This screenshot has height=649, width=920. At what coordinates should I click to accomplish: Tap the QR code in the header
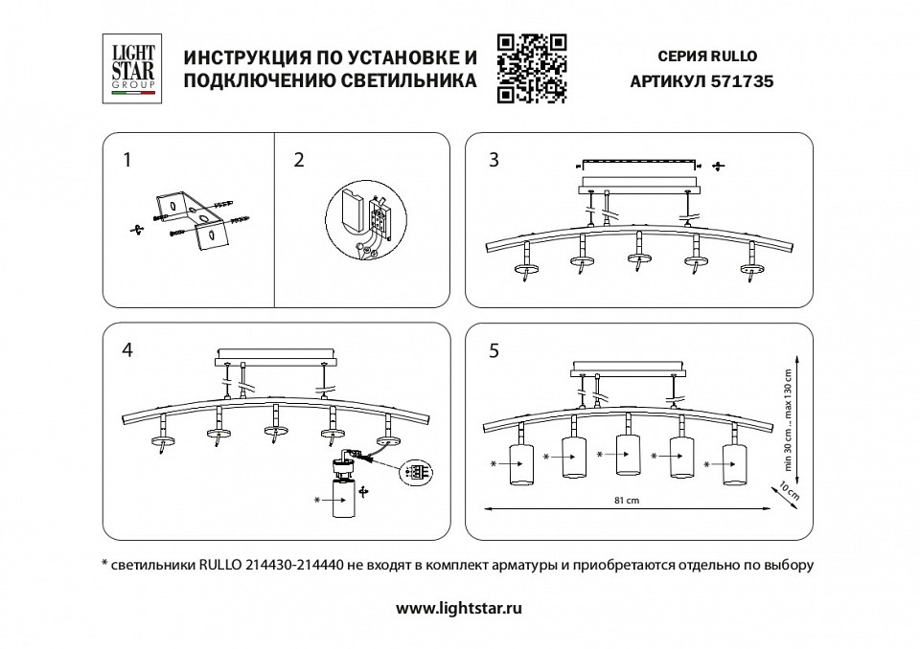tap(533, 68)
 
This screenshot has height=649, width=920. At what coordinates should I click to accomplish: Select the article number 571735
tap(740, 82)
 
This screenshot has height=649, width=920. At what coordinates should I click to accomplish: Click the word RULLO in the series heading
tap(737, 56)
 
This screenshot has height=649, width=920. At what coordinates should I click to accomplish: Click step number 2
tap(299, 160)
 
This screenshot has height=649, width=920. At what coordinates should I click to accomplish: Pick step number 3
tap(494, 160)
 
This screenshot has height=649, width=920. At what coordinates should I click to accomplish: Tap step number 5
tap(494, 350)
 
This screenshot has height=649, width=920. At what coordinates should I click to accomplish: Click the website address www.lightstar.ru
tap(459, 607)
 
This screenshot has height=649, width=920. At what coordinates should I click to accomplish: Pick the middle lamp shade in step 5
tap(627, 454)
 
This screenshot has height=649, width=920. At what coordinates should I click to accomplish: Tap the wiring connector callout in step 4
tap(417, 472)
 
